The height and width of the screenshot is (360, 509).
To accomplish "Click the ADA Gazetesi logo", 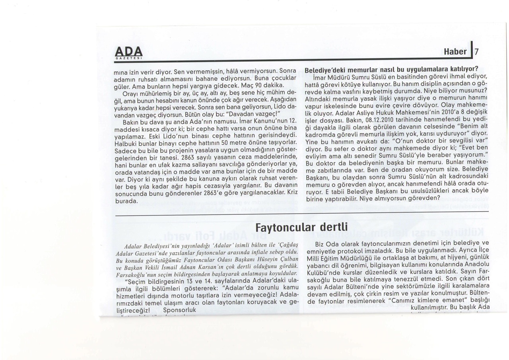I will (128, 53).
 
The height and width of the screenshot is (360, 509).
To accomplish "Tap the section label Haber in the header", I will (455, 52).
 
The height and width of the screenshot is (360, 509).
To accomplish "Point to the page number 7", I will (477, 52).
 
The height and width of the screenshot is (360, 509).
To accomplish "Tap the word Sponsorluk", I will (180, 309).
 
